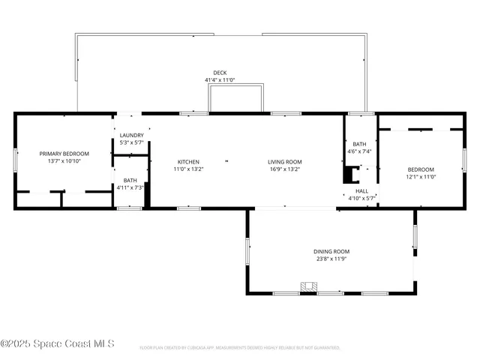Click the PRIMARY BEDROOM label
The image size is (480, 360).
coord(64,153)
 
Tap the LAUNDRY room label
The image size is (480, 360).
coord(131,135)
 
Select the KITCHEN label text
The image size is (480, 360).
coord(188,161)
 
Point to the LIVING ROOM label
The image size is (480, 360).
coord(285,161)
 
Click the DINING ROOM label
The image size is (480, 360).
coord(331,251)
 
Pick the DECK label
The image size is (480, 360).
coord(220,73)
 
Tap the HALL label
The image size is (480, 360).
coord(361,191)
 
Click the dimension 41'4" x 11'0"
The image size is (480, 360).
coord(220,80)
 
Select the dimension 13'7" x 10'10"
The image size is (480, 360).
coord(64,160)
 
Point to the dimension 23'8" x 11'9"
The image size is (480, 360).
coord(331,259)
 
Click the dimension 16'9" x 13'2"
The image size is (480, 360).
coord(285,169)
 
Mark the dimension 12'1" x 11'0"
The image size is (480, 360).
coord(421,176)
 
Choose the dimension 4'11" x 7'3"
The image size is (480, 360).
coord(130,187)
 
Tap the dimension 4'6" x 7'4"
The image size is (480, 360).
coord(360,151)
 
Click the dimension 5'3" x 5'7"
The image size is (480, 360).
coord(131,142)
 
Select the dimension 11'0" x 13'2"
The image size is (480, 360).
coord(188,169)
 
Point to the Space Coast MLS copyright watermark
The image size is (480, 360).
coord(57,343)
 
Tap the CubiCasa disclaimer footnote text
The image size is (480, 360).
coord(240,348)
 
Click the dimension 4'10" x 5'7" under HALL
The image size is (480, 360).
coord(361,199)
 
